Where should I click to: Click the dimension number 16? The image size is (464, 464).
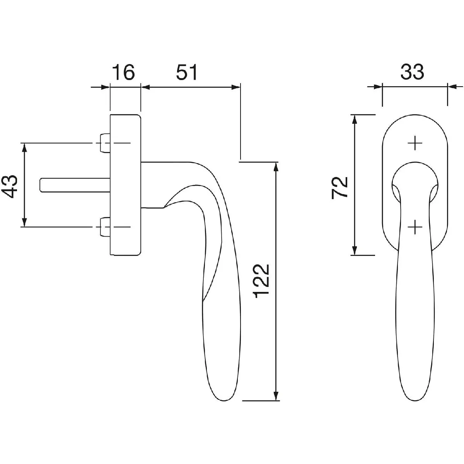(123, 72)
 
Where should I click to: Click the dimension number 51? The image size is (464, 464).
(187, 72)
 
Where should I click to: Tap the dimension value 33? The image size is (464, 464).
(412, 72)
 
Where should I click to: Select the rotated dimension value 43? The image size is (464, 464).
(10, 186)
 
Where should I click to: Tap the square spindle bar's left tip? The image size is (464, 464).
(40, 185)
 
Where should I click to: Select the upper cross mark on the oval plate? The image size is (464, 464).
(415, 143)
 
